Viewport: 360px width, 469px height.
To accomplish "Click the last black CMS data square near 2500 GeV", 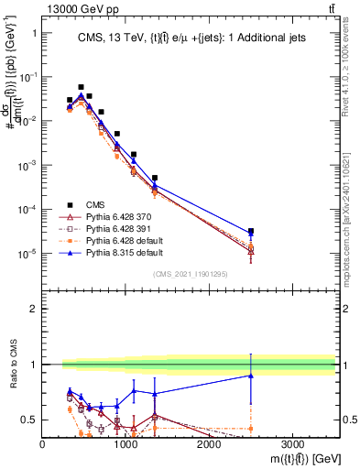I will pyautogui.click(x=251, y=231).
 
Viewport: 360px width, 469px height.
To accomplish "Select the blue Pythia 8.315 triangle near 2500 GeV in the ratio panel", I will pyautogui.click(x=251, y=376).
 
